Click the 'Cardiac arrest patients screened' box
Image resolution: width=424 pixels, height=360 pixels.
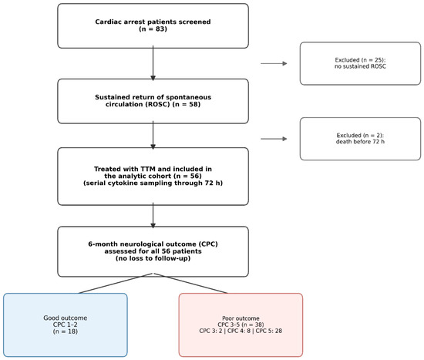coord(153,25)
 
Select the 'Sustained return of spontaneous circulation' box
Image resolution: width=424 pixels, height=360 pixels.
coord(153,101)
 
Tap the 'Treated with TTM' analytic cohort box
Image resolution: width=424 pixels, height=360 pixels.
coord(153,177)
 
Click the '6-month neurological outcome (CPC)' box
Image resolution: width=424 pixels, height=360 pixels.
coord(153,251)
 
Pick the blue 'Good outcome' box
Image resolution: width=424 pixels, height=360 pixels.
coord(66,325)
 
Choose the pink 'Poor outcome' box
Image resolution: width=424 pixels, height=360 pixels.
coord(241,325)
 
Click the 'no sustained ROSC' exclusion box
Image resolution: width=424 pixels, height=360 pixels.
coord(360,63)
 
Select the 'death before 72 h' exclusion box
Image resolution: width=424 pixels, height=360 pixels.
coord(360,139)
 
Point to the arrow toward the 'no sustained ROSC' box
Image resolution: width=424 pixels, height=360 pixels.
coord(274,63)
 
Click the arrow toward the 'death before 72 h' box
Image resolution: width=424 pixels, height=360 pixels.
coord(274,139)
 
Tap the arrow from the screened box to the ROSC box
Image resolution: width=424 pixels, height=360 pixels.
coord(153,63)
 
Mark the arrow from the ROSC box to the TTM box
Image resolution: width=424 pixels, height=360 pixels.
coord(153,135)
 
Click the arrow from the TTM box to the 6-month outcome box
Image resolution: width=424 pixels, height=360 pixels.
coord(153,215)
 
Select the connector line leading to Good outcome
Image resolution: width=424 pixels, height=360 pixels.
coord(116,283)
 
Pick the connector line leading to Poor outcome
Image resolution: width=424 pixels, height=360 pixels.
coord(190,283)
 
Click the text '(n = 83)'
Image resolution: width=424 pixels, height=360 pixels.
coord(153,29)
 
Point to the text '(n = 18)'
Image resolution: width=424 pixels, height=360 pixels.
coord(66,331)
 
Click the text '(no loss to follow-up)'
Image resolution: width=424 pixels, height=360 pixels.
coord(153,258)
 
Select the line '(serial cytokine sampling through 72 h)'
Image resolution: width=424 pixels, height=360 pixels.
coord(153,183)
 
